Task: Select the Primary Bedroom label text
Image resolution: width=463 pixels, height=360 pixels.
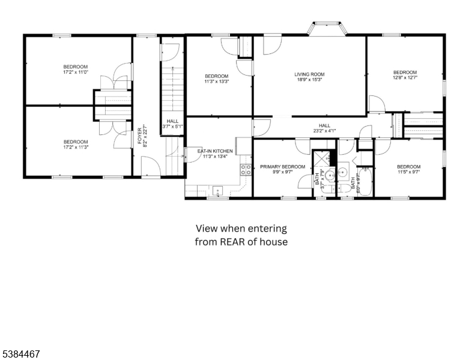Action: coord(282,167)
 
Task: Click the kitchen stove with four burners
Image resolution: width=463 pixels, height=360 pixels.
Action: coord(246,169)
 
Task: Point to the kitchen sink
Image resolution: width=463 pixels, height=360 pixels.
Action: coord(217,191)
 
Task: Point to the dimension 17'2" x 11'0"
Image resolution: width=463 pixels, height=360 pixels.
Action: coord(76,72)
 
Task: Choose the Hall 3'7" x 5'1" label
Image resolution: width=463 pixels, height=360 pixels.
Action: coord(172,124)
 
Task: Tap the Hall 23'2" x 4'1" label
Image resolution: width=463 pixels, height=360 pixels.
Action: coord(325,128)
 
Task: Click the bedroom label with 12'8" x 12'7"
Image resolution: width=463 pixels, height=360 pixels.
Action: coord(405,74)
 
